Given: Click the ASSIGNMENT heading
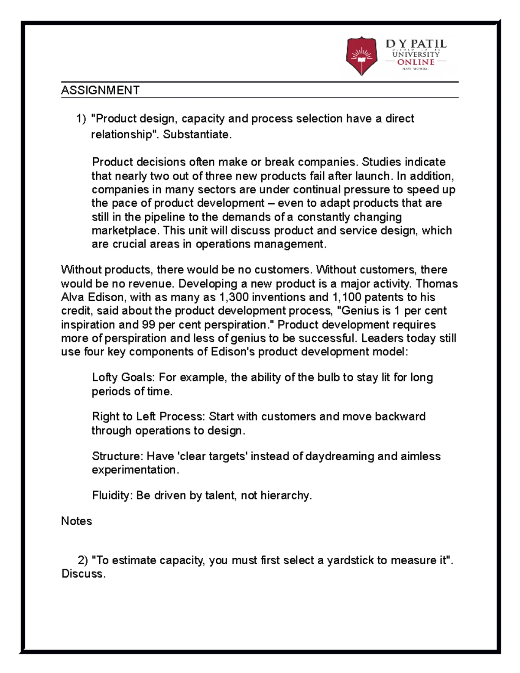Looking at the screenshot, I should click(x=100, y=90).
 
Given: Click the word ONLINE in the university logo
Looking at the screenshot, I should click(x=416, y=62).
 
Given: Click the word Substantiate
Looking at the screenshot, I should click(x=197, y=135).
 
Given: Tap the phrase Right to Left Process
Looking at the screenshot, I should click(x=147, y=416).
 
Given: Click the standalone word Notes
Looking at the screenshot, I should click(x=77, y=521).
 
